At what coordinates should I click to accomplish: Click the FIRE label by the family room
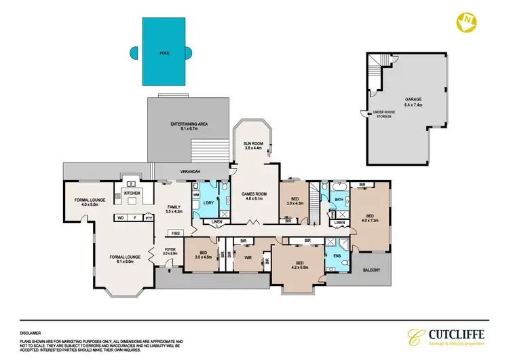[176, 234]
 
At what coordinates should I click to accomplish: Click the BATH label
[339, 199]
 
